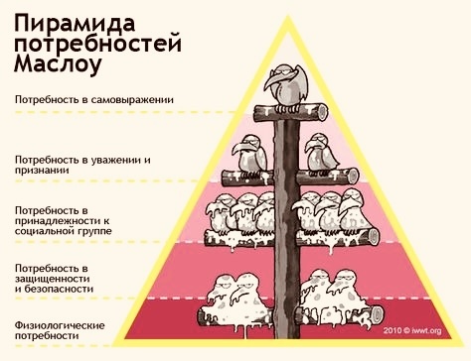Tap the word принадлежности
click(59, 221)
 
